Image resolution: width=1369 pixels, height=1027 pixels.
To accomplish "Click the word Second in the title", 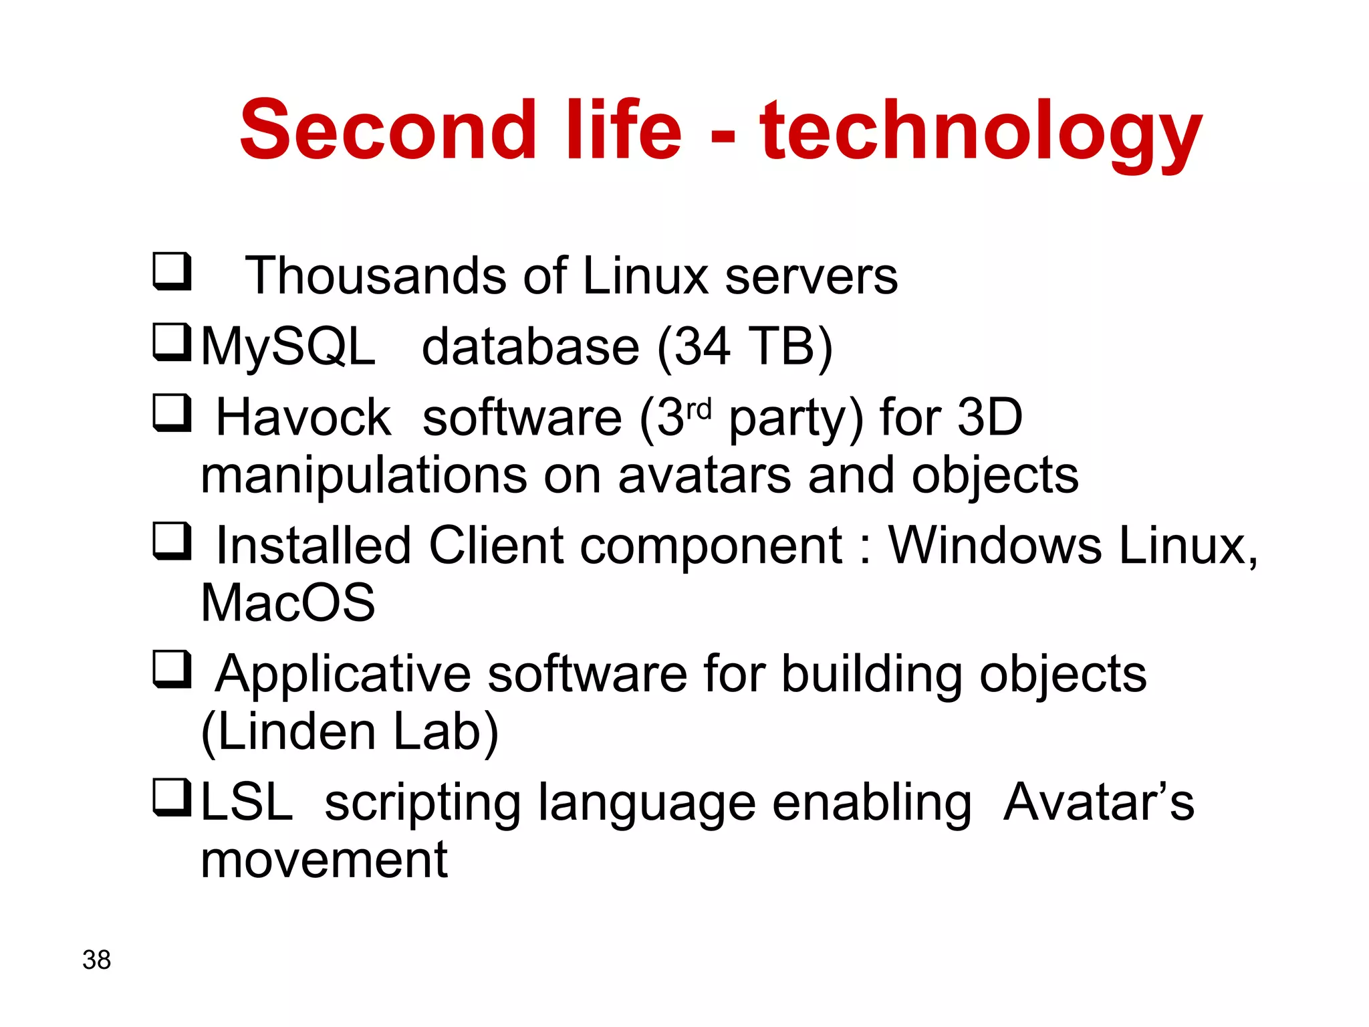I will coord(388,130).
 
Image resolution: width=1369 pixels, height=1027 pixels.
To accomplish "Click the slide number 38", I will coord(96,960).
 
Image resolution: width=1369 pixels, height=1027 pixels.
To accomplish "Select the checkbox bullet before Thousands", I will coord(172,272).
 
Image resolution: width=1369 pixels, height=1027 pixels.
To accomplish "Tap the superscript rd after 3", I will coord(699,408).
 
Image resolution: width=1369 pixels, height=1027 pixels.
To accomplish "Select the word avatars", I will coord(705,476).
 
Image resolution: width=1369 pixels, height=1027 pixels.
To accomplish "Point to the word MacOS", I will coord(288,603).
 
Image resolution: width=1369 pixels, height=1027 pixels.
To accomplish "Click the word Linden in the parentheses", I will coord(297,732).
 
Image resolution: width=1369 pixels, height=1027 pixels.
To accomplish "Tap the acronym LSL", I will coord(247,802).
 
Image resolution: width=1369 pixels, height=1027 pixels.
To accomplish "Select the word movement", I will coord(324,861).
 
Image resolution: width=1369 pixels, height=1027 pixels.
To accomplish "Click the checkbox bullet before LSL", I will coord(172,797).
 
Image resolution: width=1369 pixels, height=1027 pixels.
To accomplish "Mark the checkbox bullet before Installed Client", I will coord(172,541).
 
